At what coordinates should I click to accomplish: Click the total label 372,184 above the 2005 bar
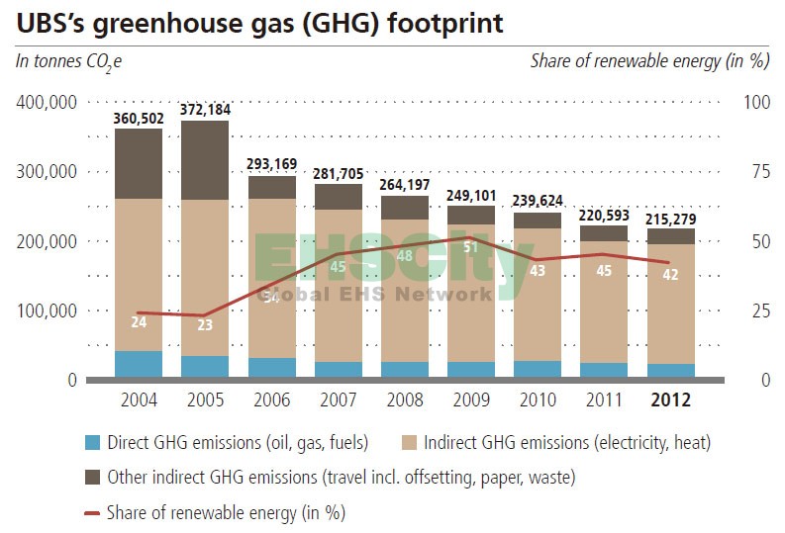(205, 109)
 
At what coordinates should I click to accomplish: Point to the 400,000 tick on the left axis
(47, 103)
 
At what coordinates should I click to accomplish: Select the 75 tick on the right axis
(756, 172)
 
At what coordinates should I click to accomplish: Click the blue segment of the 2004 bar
(139, 364)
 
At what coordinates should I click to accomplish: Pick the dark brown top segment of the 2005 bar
(205, 160)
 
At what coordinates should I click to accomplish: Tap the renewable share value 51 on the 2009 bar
(471, 246)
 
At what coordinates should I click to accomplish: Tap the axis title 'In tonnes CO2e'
(68, 61)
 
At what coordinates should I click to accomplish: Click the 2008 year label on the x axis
(404, 400)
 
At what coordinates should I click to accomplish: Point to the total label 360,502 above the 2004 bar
(139, 118)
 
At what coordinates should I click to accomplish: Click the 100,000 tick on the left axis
(47, 311)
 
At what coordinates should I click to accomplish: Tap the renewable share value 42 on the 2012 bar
(671, 275)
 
